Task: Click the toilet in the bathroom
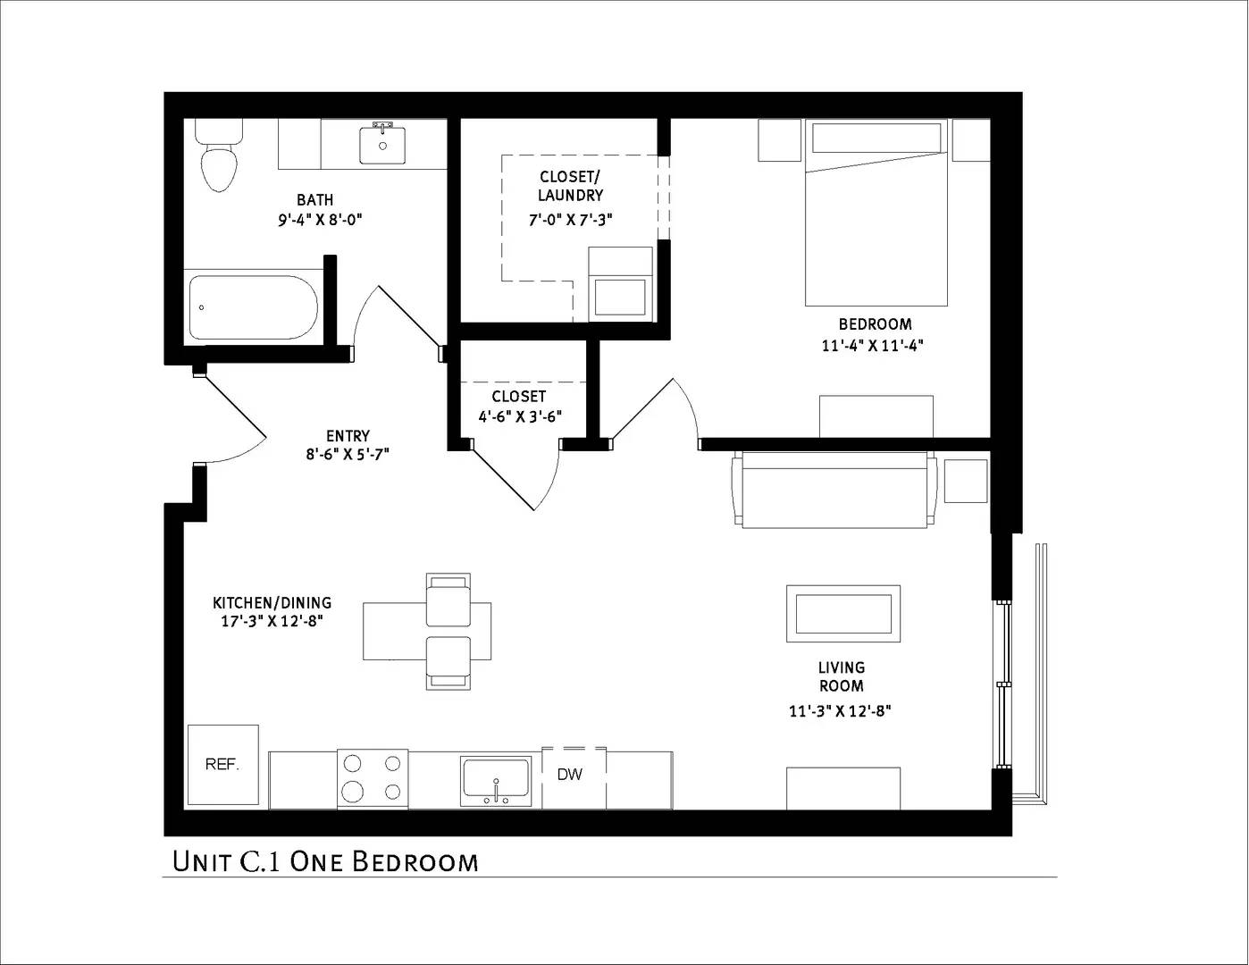(219, 162)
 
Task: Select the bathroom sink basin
(382, 145)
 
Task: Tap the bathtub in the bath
(253, 307)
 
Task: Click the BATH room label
(315, 200)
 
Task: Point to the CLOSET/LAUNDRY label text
(570, 186)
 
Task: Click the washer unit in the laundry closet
(620, 284)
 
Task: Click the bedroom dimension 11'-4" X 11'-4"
(871, 346)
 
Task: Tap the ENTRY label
(348, 436)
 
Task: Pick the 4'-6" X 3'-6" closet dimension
(519, 416)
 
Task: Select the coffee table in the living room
(842, 614)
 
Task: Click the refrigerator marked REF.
(222, 765)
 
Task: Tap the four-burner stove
(373, 777)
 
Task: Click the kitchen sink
(496, 780)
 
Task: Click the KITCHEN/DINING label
(272, 603)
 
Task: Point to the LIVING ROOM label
(841, 676)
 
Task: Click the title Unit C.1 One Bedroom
(325, 862)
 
